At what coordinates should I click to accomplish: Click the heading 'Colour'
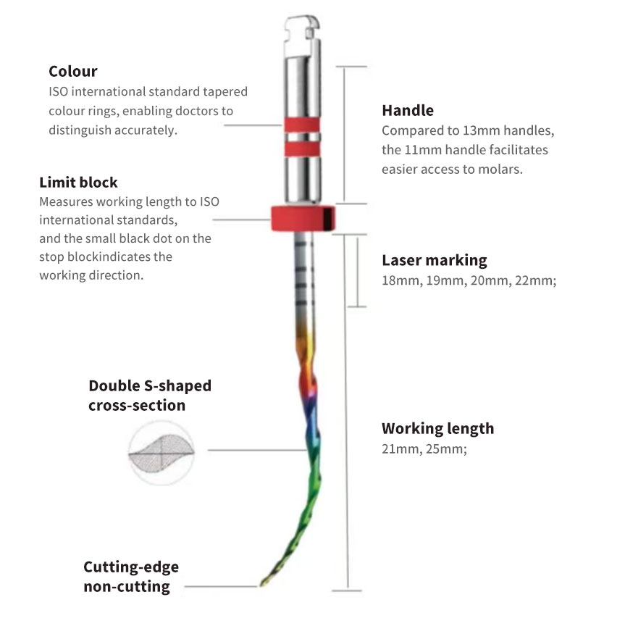click(72, 71)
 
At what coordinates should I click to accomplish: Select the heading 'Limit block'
click(78, 182)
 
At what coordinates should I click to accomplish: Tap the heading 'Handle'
click(408, 110)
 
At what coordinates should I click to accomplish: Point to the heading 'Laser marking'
click(434, 260)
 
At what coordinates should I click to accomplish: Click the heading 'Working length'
click(437, 428)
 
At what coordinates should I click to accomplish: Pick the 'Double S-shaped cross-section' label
click(150, 395)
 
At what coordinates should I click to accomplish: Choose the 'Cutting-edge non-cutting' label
click(130, 576)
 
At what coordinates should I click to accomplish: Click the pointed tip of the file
click(261, 584)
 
